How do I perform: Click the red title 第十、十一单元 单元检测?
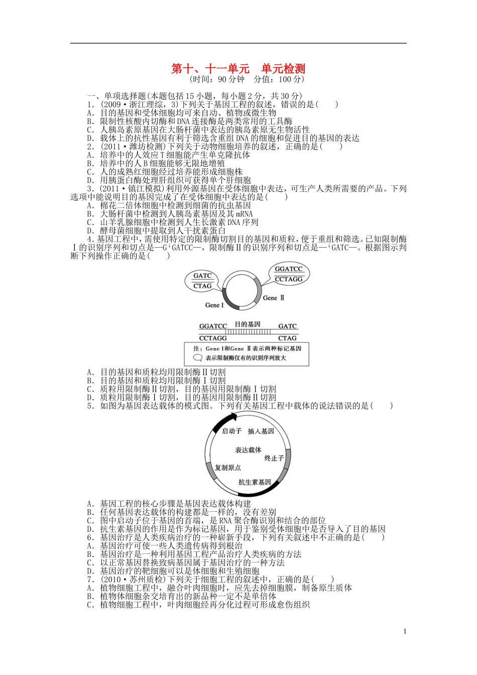(x=238, y=69)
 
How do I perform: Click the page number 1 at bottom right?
(x=405, y=631)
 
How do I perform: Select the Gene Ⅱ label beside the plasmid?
(x=274, y=298)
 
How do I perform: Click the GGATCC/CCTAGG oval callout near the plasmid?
(x=289, y=274)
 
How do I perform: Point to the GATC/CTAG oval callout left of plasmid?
(x=202, y=281)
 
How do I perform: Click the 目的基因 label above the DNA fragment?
(x=248, y=324)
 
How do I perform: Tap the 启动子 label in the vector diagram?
(x=231, y=431)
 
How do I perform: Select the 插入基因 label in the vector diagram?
(x=261, y=431)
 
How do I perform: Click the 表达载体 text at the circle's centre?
(x=248, y=450)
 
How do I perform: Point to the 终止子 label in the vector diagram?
(x=274, y=458)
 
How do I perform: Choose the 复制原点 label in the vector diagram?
(x=228, y=468)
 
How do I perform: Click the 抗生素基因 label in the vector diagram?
(x=255, y=482)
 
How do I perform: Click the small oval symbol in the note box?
(x=197, y=358)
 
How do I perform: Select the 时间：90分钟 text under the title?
(x=217, y=79)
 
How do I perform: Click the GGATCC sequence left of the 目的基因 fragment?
(x=213, y=326)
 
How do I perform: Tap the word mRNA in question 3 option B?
(x=244, y=214)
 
